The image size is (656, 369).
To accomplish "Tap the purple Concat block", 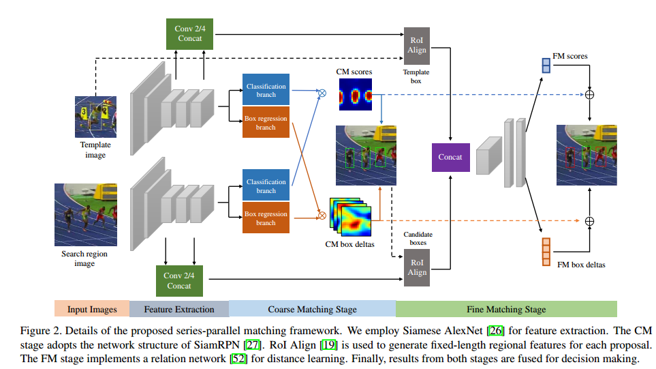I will (450, 157).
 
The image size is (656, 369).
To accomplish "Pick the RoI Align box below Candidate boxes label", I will (417, 267).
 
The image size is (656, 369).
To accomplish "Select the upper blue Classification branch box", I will (266, 91).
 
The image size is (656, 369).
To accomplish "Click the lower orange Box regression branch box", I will (266, 218).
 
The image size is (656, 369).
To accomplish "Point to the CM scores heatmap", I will (354, 95).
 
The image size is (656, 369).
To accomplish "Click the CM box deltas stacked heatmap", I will (350, 216).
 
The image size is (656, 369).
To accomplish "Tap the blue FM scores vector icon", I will (546, 65).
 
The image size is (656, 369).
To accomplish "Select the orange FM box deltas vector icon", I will (545, 251).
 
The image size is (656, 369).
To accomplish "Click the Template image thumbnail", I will (95, 117).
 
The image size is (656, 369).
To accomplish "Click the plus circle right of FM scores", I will (590, 94).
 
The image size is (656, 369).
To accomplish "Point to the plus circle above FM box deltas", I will (590, 220).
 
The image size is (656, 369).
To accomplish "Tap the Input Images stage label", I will (92, 309).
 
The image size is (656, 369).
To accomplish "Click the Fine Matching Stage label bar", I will (506, 309).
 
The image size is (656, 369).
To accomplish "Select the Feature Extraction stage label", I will (179, 309).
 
